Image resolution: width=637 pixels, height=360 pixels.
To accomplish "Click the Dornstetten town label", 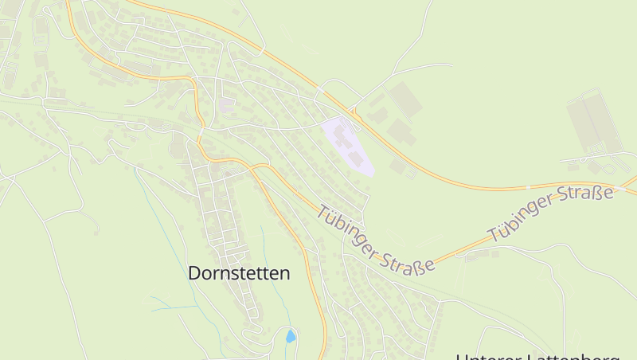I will point(239,273).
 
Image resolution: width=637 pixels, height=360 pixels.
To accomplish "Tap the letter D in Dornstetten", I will point(194,273).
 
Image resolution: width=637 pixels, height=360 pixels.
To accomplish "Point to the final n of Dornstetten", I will point(285,273).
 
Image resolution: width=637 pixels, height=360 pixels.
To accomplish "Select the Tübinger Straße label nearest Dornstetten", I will point(376,239).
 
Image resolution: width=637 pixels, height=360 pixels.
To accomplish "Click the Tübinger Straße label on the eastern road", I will point(551,213).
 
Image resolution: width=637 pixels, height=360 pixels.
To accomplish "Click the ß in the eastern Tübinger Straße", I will point(599,195).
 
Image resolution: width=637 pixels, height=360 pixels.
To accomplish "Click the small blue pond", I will point(291,336).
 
